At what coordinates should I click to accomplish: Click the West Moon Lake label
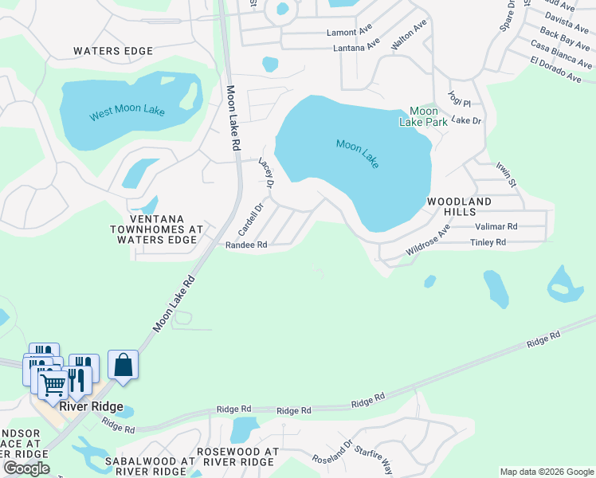[127, 112]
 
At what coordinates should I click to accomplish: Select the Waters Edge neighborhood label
[112, 51]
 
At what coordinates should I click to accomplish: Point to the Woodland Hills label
[462, 207]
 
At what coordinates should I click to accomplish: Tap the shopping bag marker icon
[124, 365]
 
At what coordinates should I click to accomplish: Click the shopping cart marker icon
[53, 385]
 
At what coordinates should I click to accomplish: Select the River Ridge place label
[91, 407]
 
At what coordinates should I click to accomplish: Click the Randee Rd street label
[245, 245]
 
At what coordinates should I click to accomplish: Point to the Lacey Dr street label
[266, 173]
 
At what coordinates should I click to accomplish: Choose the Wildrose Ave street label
[428, 240]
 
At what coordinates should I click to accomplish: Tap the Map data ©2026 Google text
[546, 472]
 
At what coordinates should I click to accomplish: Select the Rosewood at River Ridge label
[237, 456]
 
